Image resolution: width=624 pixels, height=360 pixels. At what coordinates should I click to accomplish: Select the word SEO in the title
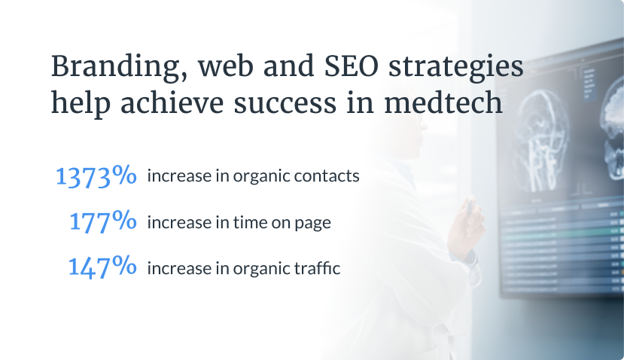[351, 66]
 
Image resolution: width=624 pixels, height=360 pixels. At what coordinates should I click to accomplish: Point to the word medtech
[443, 102]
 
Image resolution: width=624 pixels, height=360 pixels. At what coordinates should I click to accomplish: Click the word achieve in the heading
[172, 102]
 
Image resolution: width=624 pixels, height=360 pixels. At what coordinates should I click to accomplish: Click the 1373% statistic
[96, 176]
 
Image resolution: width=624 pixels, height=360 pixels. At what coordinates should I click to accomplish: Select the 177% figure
[102, 221]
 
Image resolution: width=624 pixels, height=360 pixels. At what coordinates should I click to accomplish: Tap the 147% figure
[102, 267]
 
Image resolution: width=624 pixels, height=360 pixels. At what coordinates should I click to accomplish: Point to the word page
[312, 224]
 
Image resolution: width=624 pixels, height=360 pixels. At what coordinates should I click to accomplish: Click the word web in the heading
[226, 66]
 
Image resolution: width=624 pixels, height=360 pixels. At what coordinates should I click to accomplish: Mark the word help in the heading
[81, 103]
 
